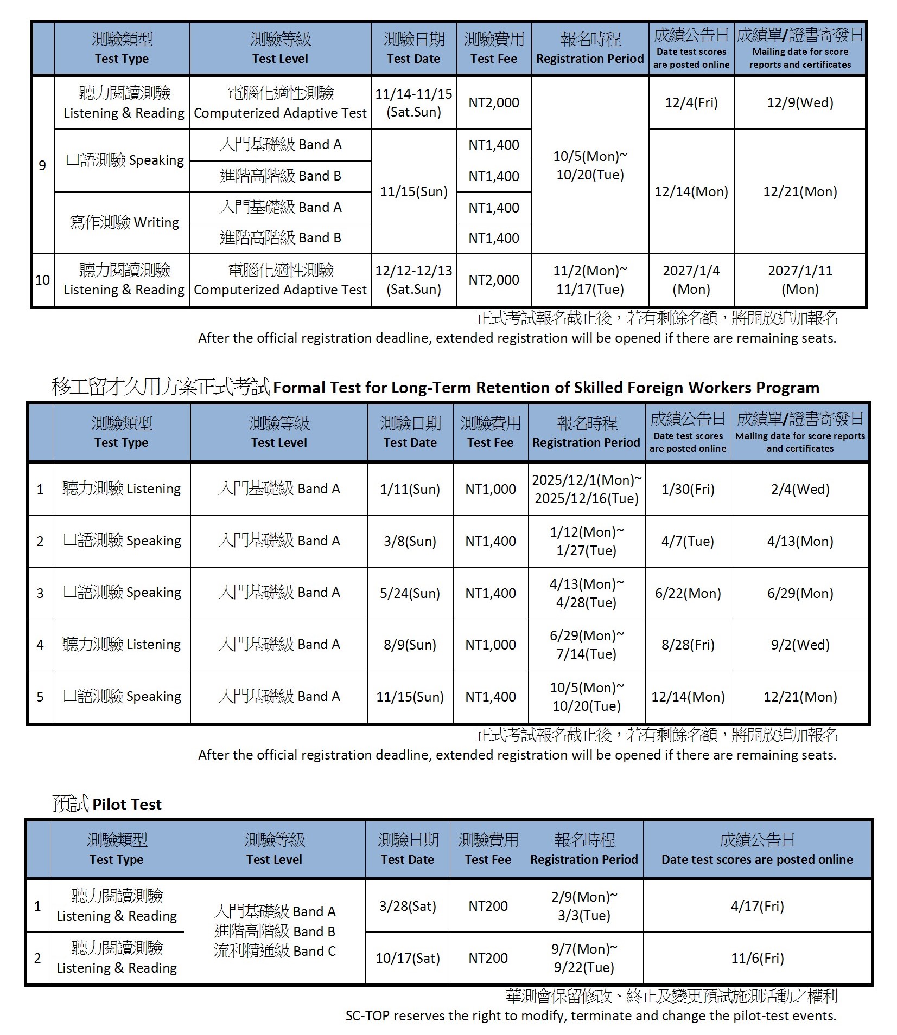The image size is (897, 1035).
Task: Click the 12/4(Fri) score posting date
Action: (691, 103)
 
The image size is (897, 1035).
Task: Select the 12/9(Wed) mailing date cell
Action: (799, 103)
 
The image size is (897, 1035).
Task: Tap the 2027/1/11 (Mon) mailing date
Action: (799, 280)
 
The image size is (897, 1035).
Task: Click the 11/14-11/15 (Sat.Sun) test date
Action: (413, 103)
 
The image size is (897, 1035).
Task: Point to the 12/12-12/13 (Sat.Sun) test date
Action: (413, 280)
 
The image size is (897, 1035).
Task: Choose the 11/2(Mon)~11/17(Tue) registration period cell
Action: (590, 280)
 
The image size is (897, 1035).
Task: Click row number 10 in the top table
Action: (42, 280)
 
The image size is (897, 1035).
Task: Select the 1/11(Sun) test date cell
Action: (410, 489)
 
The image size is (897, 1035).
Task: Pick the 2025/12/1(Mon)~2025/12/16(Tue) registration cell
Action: (587, 489)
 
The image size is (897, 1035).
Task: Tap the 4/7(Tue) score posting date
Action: (688, 541)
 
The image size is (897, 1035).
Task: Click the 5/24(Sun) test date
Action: (410, 593)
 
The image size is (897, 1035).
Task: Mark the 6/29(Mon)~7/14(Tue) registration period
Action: (587, 645)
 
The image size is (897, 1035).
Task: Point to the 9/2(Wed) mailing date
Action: (800, 645)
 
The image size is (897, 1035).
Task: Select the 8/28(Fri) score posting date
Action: (688, 645)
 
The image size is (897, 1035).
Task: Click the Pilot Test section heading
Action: (107, 804)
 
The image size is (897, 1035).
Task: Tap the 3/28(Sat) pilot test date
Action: (408, 907)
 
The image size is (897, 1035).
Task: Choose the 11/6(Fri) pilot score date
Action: (757, 958)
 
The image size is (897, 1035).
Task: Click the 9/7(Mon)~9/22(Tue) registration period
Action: (584, 958)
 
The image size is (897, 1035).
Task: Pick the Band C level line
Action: (275, 951)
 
